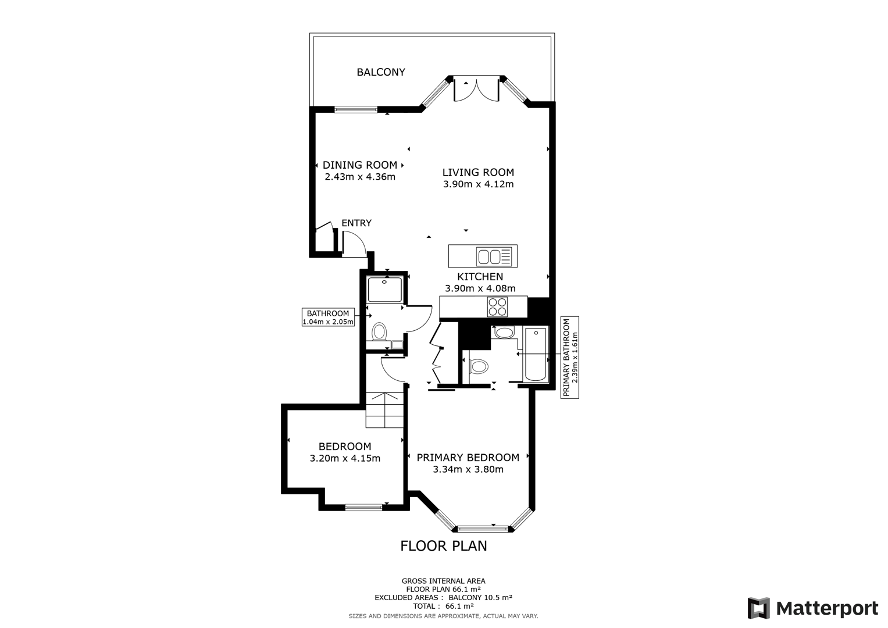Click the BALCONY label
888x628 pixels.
click(381, 72)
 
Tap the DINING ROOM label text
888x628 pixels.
click(360, 165)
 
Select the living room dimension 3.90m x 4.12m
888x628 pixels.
click(478, 184)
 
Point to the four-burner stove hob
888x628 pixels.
click(497, 306)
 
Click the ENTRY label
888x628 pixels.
click(356, 223)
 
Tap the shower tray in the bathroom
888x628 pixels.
click(384, 290)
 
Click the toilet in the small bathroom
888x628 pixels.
click(379, 332)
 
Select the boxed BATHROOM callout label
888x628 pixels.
click(328, 317)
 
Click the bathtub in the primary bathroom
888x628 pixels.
click(535, 354)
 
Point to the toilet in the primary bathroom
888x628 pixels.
click(479, 366)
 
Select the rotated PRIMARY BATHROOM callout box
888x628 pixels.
click(570, 357)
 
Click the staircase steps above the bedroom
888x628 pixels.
click(384, 410)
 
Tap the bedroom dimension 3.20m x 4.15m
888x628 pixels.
click(345, 458)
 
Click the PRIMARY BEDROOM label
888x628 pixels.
click(468, 458)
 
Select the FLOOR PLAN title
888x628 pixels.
click(444, 546)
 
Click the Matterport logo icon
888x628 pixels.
click(758, 608)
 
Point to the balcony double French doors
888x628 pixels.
click(476, 89)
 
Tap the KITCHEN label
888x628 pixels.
click(480, 277)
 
